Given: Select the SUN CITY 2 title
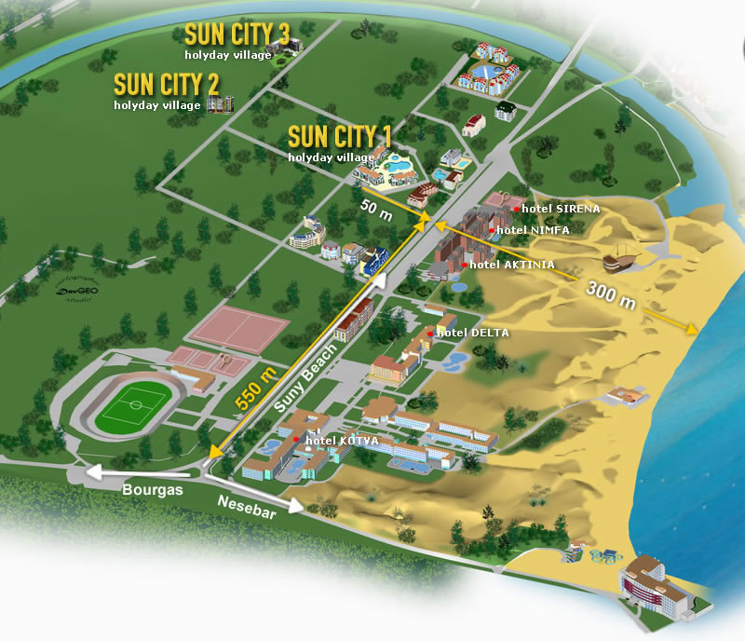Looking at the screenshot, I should pyautogui.click(x=167, y=84).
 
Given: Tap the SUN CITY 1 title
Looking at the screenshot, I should pyautogui.click(x=340, y=136).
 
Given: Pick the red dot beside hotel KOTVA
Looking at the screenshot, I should pyautogui.click(x=296, y=440).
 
